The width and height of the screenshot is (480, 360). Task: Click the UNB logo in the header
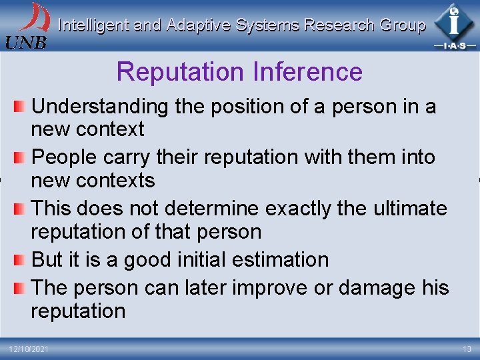[x=27, y=25]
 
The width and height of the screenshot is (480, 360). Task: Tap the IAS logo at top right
[x=454, y=25]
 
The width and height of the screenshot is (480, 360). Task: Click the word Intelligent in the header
[x=94, y=25]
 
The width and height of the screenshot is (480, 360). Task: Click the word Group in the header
[x=402, y=25]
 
